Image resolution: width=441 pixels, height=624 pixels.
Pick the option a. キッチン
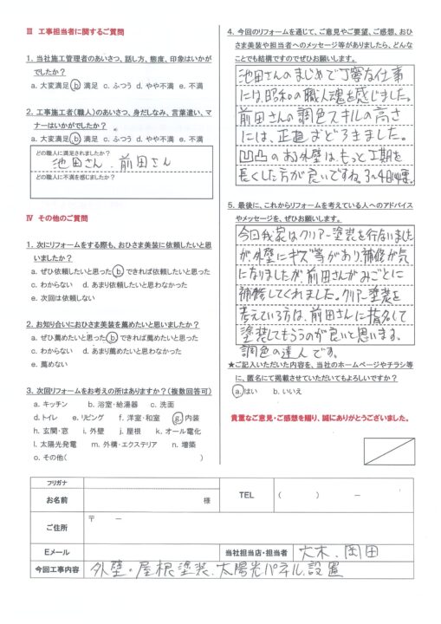(x=49, y=404)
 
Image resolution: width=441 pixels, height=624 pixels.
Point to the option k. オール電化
(x=182, y=430)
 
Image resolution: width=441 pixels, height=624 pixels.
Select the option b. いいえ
(x=287, y=392)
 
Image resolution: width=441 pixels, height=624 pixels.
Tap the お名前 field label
(x=47, y=500)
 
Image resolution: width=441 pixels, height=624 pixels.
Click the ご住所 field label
(x=47, y=527)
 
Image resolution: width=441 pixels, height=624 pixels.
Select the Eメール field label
(x=47, y=552)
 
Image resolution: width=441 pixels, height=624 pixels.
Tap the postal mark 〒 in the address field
(x=92, y=517)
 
